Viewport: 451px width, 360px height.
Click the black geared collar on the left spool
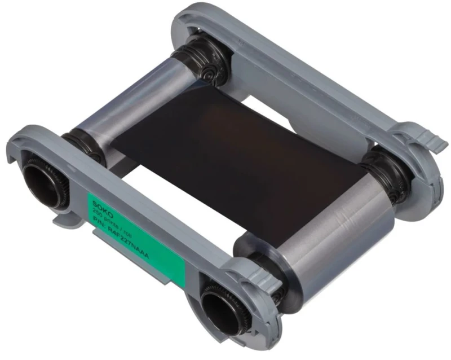[79, 144]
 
